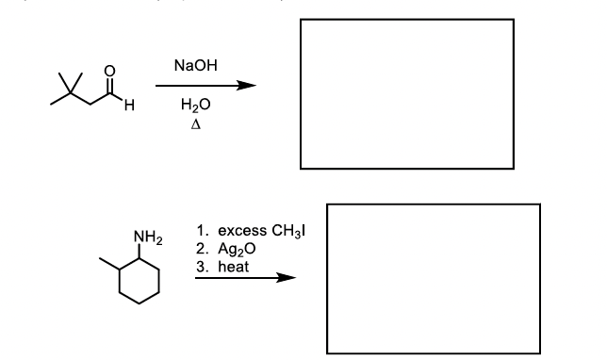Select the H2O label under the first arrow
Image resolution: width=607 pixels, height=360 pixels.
pyautogui.click(x=193, y=106)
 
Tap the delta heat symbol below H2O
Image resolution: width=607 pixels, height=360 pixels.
pyautogui.click(x=193, y=124)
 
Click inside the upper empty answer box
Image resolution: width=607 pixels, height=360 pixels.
pyautogui.click(x=406, y=93)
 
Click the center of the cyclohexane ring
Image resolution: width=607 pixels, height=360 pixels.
pyautogui.click(x=142, y=280)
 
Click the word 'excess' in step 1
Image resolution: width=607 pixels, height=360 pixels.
pyautogui.click(x=239, y=231)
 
